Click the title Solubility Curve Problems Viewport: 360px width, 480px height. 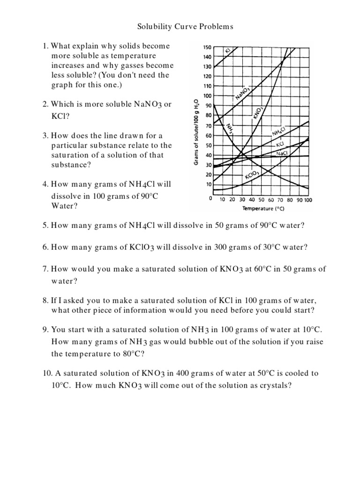(185, 27)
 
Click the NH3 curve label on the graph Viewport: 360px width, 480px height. (230, 128)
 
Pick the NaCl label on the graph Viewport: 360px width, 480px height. (282, 153)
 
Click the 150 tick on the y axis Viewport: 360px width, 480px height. (207, 47)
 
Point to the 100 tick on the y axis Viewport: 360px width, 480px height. (207, 96)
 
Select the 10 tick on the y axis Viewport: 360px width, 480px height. (209, 185)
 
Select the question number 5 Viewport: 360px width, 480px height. (45, 225)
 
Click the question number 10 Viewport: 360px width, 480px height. (46, 374)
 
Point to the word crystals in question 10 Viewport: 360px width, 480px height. (274, 386)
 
